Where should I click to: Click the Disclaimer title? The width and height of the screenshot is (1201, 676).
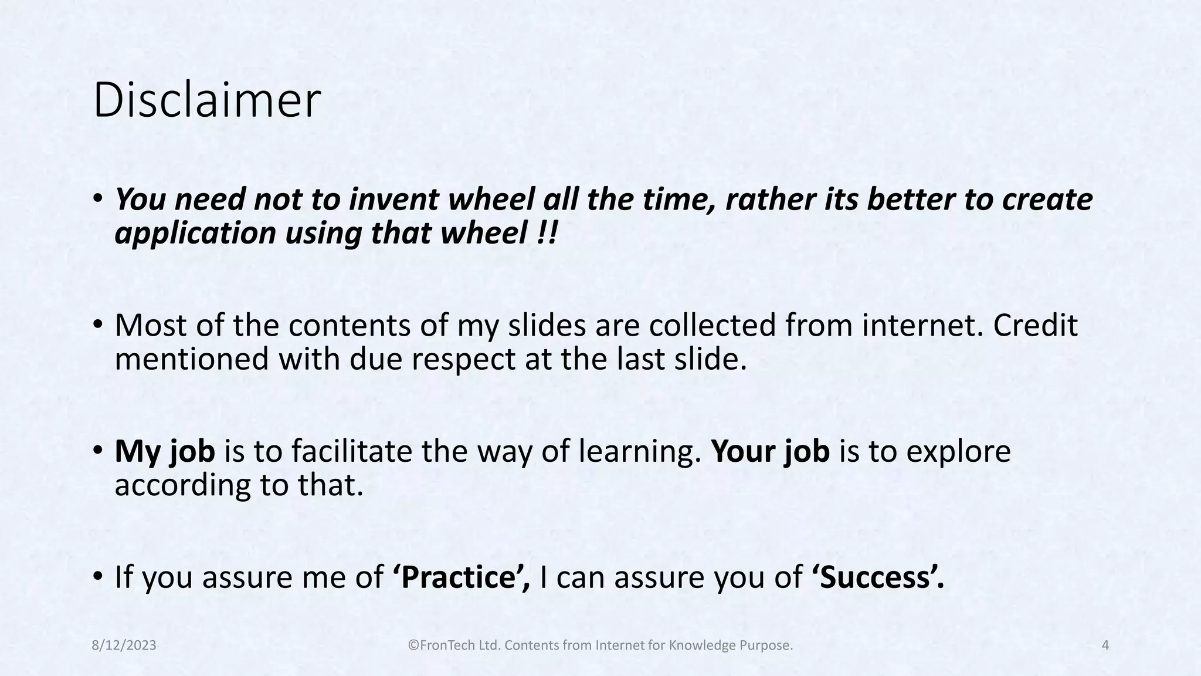click(x=206, y=101)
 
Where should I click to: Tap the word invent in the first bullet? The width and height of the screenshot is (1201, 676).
click(x=394, y=200)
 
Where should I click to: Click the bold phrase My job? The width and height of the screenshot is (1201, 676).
click(x=165, y=451)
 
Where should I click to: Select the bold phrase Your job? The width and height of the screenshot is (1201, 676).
click(x=770, y=451)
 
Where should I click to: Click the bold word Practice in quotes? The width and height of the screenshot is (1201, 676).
click(x=462, y=577)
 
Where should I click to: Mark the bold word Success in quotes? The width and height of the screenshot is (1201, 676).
click(x=878, y=577)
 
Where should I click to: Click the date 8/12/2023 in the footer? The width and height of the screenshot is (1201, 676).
click(x=124, y=645)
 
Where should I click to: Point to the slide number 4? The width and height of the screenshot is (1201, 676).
click(x=1105, y=645)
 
